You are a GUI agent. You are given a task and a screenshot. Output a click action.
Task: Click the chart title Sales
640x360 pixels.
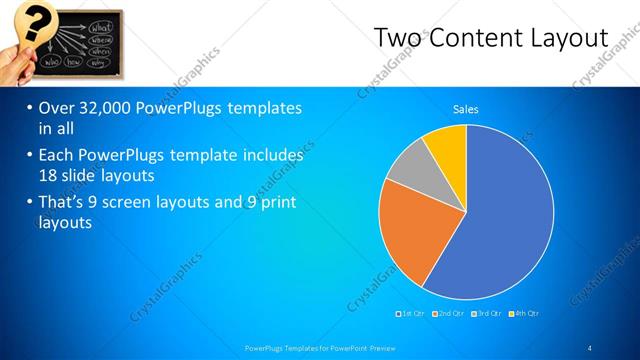tap(466, 108)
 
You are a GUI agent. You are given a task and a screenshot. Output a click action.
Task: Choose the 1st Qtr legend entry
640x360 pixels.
tap(411, 313)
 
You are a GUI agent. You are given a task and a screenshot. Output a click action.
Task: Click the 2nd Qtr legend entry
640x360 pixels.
tap(449, 313)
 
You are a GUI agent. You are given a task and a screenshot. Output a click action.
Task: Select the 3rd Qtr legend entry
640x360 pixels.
tap(487, 313)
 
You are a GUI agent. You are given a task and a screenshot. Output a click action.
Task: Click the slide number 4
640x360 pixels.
tap(589, 347)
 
